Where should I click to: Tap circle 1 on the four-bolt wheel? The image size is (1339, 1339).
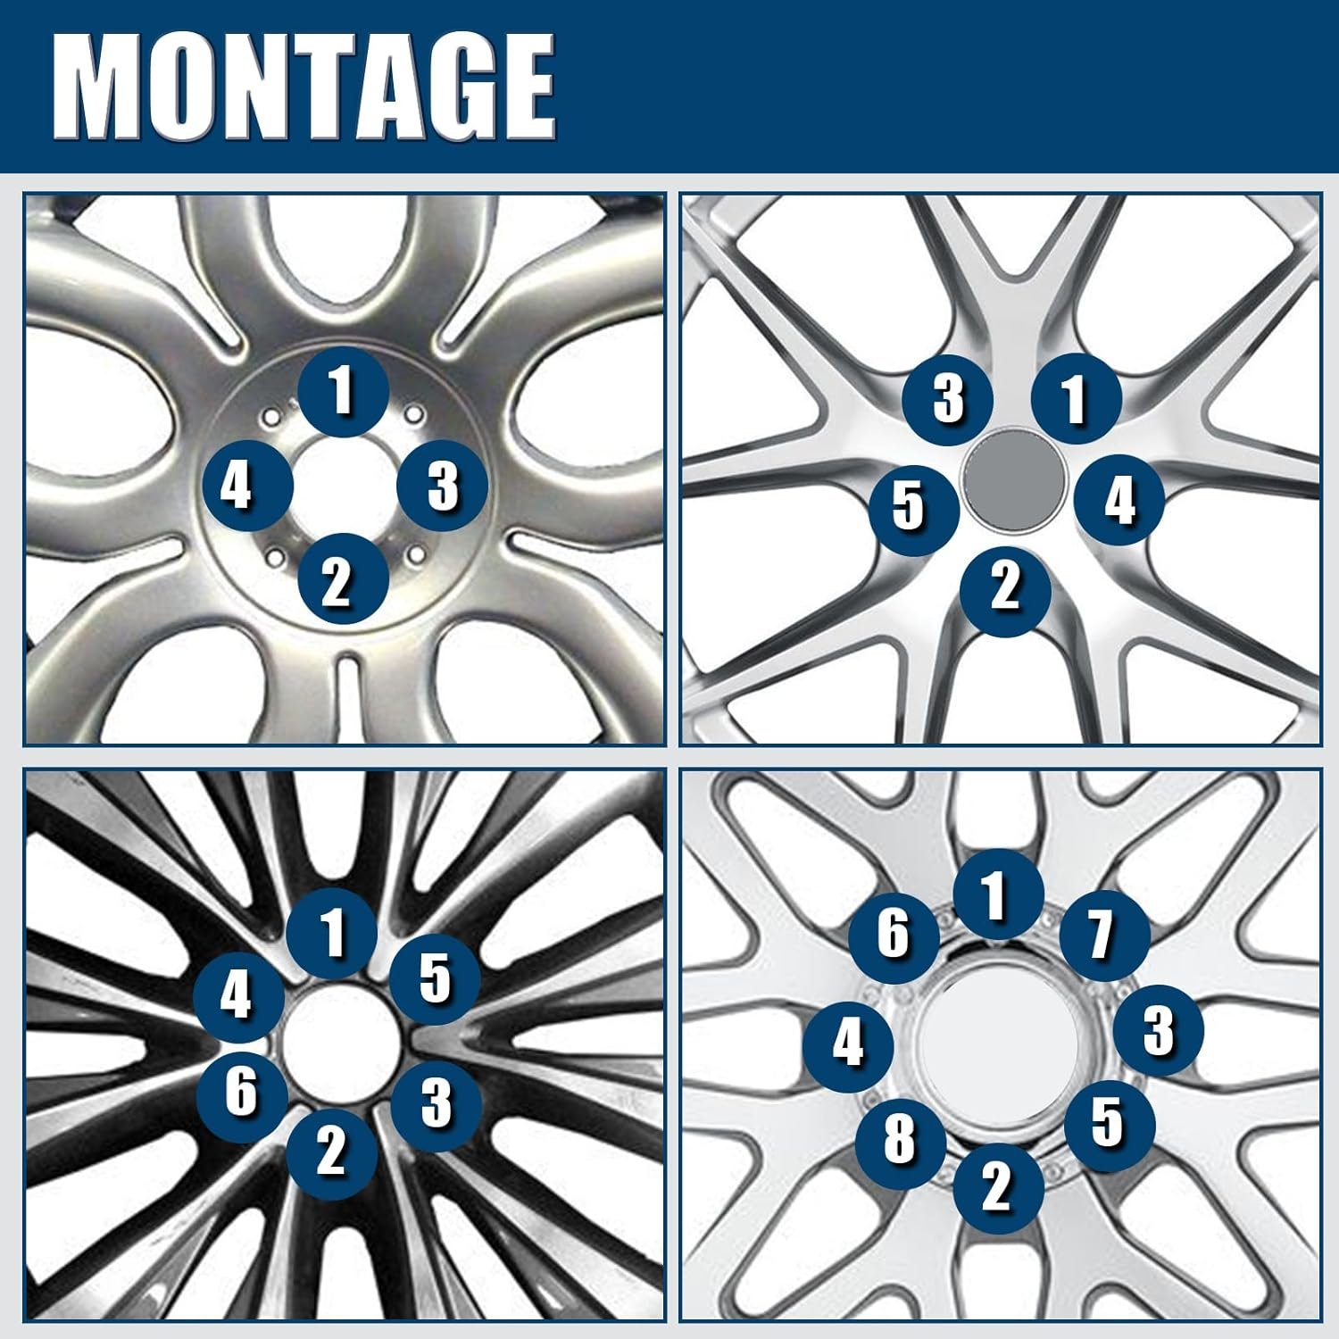point(343,392)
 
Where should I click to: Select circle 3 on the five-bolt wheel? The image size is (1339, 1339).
point(948,398)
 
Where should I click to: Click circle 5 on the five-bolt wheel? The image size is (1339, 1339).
point(914,504)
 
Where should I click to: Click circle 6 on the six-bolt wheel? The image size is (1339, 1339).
point(242,1092)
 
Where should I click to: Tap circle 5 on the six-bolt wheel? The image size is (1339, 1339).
point(435,979)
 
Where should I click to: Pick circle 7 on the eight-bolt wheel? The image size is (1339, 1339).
point(1105,934)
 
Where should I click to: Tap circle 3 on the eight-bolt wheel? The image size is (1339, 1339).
point(1159,1031)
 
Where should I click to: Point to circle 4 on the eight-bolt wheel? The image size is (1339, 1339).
point(849,1044)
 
